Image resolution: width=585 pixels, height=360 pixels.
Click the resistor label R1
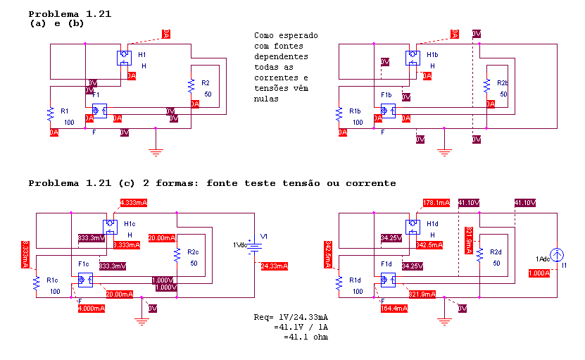(65, 111)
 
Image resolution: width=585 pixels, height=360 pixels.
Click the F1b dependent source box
(388, 111)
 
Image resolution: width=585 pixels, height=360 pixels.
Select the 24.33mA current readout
(274, 266)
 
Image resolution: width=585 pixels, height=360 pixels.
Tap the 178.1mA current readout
(436, 203)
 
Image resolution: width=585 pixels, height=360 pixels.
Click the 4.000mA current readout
(92, 308)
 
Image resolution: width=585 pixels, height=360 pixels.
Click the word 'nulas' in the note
(267, 99)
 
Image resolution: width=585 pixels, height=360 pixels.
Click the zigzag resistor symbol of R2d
(479, 255)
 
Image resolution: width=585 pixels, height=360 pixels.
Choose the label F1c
(83, 263)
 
